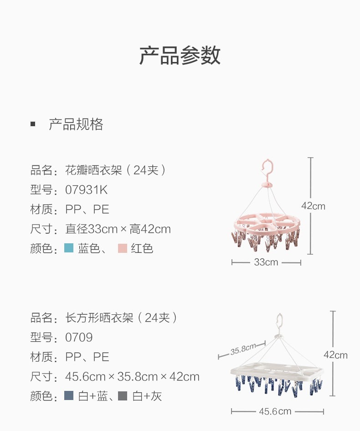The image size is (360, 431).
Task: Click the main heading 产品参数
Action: [180, 55]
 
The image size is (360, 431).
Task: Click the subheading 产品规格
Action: [76, 124]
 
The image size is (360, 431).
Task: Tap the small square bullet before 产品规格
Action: [33, 124]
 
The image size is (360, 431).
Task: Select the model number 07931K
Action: [87, 190]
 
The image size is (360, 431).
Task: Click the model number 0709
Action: [79, 338]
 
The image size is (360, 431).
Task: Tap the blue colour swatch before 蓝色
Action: [69, 248]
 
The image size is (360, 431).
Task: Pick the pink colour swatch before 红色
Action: [122, 248]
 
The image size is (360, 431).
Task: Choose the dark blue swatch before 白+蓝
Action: [69, 396]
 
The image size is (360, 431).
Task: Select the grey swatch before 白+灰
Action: [122, 396]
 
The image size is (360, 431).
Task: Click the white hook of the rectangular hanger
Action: [279, 322]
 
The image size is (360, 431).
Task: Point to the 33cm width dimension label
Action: [266, 262]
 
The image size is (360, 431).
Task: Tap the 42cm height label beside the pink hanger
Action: [313, 206]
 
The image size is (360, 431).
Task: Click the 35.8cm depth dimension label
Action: [243, 350]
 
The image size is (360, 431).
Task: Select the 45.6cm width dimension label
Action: [275, 411]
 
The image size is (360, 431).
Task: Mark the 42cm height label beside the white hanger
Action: [335, 355]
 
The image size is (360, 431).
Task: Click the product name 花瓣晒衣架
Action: [94, 170]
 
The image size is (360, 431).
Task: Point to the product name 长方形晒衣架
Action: [99, 318]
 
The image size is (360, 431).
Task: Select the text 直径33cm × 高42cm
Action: [118, 229]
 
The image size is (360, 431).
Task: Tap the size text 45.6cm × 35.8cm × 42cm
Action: [132, 377]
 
